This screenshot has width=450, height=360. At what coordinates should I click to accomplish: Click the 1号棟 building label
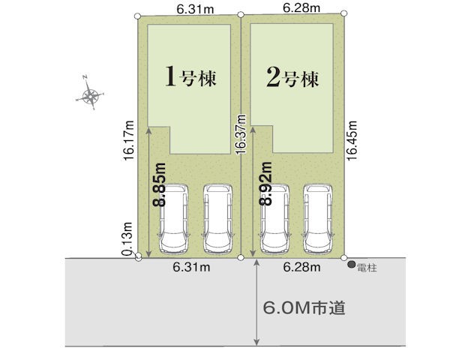190,76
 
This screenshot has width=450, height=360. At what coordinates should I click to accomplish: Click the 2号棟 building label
292,77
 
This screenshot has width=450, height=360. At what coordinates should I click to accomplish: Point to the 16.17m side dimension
129,140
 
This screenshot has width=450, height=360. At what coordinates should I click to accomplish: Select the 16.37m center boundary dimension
241,135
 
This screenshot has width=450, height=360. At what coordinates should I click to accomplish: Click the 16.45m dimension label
352,140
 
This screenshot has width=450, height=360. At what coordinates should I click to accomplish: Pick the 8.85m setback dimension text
160,184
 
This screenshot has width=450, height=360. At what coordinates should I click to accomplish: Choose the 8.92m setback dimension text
265,184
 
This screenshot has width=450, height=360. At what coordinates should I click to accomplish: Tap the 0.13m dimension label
127,239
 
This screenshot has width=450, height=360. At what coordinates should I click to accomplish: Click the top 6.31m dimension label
195,9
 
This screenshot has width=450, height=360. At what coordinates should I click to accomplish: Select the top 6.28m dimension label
301,7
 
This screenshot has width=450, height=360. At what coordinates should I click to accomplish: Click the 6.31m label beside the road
191,267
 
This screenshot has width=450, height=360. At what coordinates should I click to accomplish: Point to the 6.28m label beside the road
301,267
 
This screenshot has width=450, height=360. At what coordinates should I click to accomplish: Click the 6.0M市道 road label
304,308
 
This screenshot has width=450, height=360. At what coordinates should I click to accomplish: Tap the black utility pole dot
352,265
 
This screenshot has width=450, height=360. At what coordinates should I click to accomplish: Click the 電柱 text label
367,268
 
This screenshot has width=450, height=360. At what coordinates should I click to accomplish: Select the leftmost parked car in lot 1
174,219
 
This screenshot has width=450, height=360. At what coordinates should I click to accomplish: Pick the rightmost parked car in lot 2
318,219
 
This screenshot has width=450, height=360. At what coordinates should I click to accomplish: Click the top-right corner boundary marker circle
344,13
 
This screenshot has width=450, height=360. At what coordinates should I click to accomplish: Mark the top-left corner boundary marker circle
138,16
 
